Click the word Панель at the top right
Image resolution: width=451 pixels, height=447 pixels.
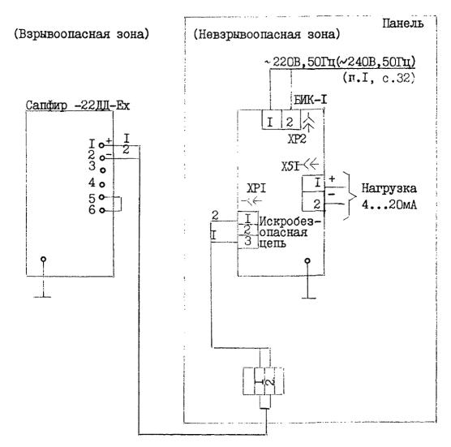[x=402, y=24]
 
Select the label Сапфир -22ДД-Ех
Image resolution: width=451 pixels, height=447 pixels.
[x=78, y=105]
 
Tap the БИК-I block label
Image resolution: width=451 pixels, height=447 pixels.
[x=311, y=100]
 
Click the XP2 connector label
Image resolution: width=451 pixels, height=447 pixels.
[x=297, y=140]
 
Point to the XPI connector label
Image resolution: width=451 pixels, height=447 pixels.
[x=256, y=188]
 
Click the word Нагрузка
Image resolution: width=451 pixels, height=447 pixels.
[x=389, y=188]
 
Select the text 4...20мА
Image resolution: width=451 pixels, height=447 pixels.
[x=389, y=204]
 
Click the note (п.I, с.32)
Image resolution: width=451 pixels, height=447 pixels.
[x=379, y=78]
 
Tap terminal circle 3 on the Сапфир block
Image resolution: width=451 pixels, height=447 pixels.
[x=102, y=170]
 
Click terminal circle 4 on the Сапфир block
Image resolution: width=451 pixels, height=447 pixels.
[x=102, y=184]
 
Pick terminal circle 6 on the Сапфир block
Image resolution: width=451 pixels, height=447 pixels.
[x=102, y=211]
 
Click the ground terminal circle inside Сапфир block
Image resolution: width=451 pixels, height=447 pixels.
[x=44, y=259]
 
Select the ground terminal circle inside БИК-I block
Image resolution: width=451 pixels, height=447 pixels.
[x=307, y=261]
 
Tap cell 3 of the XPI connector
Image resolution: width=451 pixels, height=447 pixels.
[x=248, y=242]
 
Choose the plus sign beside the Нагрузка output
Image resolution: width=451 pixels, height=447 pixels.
[x=332, y=179]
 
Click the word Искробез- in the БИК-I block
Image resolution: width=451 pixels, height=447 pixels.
[x=290, y=221]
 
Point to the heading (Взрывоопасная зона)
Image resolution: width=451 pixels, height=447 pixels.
[x=82, y=34]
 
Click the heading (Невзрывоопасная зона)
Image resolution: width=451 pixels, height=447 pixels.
[x=267, y=35]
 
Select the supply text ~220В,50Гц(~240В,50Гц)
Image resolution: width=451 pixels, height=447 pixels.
[x=340, y=62]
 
